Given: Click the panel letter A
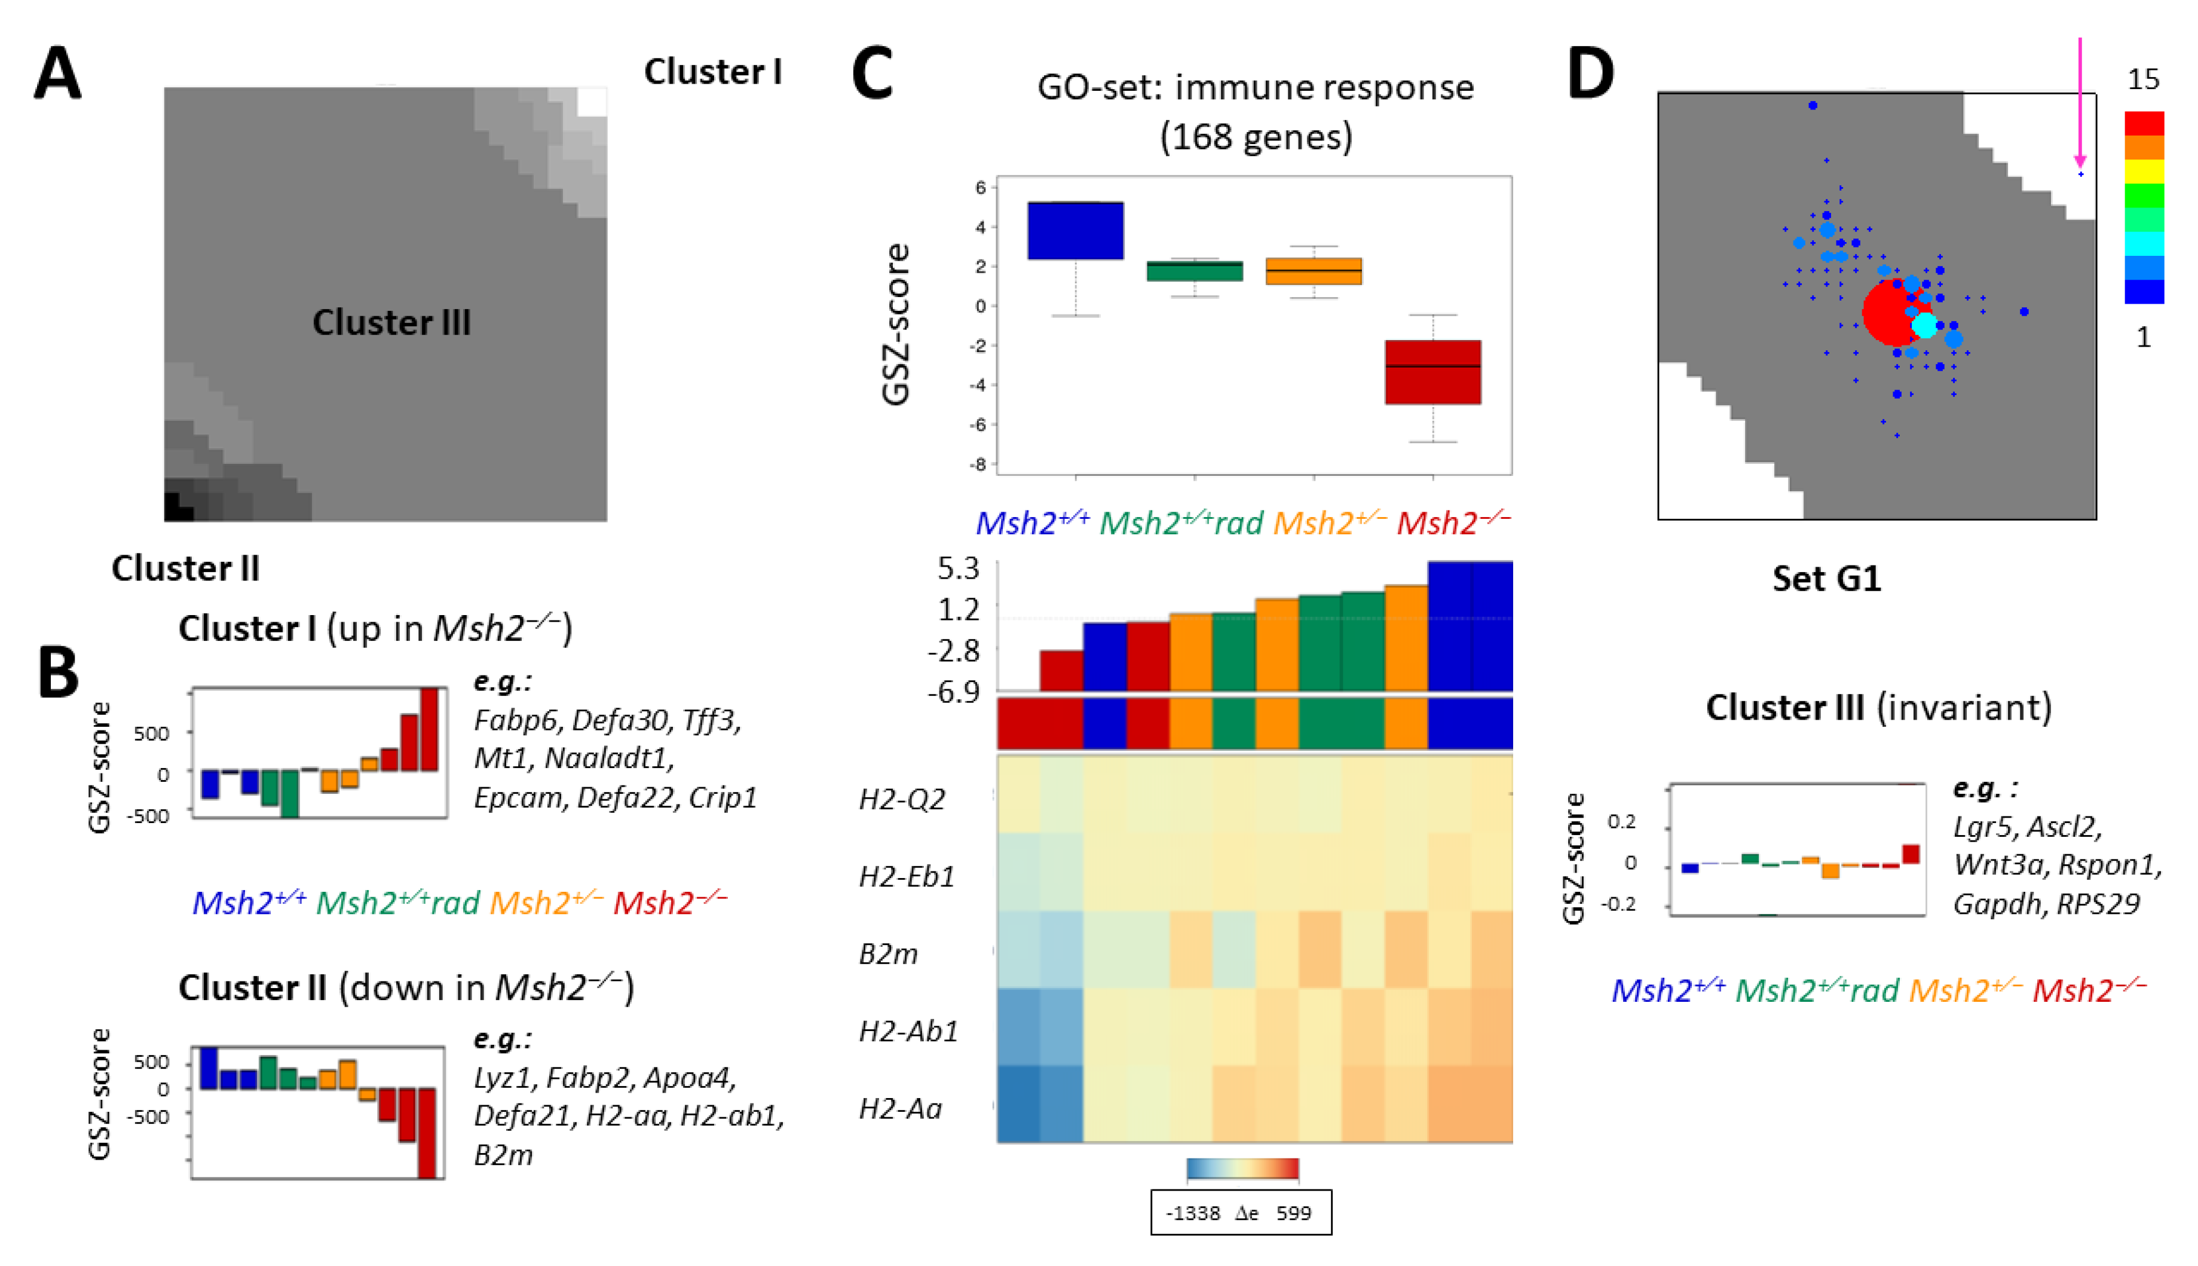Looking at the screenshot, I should [57, 74].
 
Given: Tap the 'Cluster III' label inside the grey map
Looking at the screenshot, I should [391, 323].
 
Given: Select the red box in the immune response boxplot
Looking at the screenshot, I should [1432, 372].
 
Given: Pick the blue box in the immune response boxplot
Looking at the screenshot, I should [1075, 230].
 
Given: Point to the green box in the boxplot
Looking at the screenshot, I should [1194, 270].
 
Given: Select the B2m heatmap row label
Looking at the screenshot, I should [887, 954].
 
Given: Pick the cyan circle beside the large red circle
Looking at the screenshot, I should [1925, 325].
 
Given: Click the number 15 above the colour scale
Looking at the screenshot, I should [2143, 80].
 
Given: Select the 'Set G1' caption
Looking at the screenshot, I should [1826, 578].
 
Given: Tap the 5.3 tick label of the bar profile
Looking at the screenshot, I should [958, 568].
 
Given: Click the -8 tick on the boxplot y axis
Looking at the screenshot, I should [979, 464].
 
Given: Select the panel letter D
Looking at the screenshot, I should [1590, 74].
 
